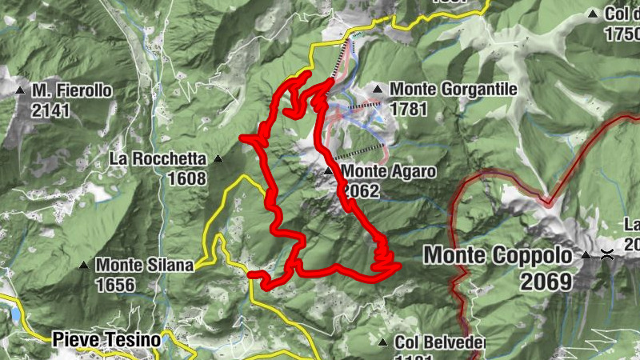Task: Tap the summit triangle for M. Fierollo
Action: tap(21, 90)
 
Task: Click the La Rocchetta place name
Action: tap(158, 158)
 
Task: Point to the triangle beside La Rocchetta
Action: tap(217, 158)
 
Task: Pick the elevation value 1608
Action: tap(187, 178)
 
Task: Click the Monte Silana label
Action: tap(145, 265)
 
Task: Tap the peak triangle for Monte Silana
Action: tap(84, 265)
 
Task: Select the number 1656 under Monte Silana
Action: tap(112, 284)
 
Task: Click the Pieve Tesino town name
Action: tap(107, 340)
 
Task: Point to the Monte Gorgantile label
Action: tap(454, 90)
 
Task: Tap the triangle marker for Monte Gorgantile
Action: tap(377, 89)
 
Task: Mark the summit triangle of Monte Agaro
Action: tap(328, 171)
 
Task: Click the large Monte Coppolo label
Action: tap(498, 256)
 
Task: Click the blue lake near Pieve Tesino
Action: tap(14, 314)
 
